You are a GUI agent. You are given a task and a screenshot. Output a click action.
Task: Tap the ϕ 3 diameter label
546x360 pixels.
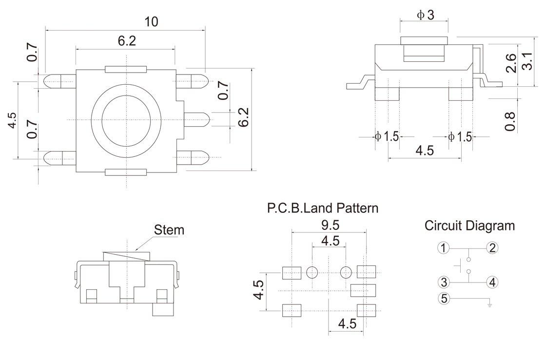(x=425, y=15)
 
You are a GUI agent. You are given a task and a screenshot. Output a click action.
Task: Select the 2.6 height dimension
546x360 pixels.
(x=511, y=63)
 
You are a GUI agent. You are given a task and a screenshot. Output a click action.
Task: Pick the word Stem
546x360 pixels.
(x=169, y=230)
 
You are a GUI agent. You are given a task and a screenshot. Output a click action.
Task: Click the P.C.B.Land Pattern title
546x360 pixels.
(x=323, y=208)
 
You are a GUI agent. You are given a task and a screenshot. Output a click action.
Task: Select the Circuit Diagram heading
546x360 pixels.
(x=469, y=226)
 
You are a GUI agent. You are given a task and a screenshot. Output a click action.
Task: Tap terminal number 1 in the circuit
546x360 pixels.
(x=443, y=248)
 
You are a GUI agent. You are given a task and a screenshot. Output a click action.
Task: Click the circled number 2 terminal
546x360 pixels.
(x=492, y=248)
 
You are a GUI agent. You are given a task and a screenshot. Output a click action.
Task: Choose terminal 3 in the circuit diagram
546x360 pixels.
(x=443, y=282)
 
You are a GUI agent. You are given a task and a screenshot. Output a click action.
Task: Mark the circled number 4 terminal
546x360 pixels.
(x=492, y=282)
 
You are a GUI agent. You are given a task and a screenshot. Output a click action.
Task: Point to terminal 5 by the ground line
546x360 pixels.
(x=443, y=299)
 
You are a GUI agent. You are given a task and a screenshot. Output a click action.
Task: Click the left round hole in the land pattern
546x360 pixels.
(x=312, y=272)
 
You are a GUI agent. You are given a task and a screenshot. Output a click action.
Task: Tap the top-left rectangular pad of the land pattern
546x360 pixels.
(x=292, y=272)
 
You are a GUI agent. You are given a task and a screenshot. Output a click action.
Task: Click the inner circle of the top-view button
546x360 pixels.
(x=126, y=120)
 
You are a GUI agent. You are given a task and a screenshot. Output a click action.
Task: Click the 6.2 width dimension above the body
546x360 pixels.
(x=126, y=41)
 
